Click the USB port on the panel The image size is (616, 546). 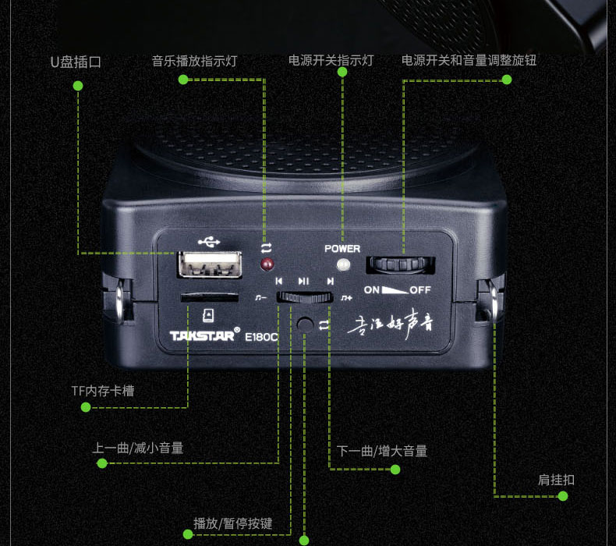click(x=208, y=265)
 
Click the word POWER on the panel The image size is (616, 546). click(x=342, y=249)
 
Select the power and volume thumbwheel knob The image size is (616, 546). click(x=399, y=265)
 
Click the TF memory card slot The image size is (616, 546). click(x=209, y=297)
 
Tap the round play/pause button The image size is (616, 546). click(x=304, y=323)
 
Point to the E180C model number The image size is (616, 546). click(x=264, y=338)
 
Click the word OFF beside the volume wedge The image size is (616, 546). click(x=420, y=290)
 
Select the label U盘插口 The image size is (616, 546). click(x=76, y=62)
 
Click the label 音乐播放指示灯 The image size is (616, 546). click(x=194, y=61)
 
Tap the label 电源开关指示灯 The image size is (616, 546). click(x=331, y=61)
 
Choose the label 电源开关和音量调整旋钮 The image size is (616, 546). click(x=469, y=61)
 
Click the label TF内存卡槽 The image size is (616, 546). click(x=102, y=390)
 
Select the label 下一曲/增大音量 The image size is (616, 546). click(x=382, y=451)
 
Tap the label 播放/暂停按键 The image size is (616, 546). click(x=233, y=523)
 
